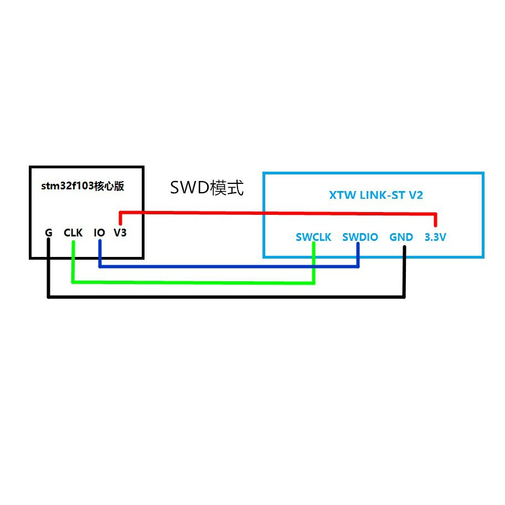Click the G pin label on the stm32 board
tap(49, 233)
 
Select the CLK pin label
tap(73, 233)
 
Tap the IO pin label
tap(99, 233)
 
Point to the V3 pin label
tap(120, 233)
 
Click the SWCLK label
tap(313, 238)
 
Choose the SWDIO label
tap(360, 238)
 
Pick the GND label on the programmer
tap(401, 238)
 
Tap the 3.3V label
tap(435, 238)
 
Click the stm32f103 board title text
tap(83, 186)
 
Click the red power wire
tap(277, 213)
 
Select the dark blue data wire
tap(227, 266)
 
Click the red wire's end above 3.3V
tap(436, 224)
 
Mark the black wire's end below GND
tap(404, 249)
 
